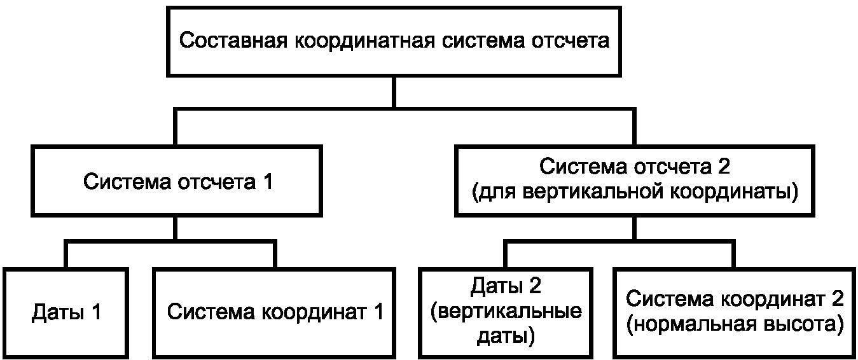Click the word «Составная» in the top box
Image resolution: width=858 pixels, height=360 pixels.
[233, 41]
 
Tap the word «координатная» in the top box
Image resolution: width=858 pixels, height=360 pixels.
[364, 41]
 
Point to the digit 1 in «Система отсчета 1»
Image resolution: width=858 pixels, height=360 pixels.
[268, 181]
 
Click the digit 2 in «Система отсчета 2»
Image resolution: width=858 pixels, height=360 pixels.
[724, 166]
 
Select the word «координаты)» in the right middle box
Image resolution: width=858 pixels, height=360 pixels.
[734, 192]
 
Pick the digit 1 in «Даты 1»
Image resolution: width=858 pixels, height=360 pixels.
[96, 312]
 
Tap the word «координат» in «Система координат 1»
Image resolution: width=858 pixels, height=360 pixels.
[314, 312]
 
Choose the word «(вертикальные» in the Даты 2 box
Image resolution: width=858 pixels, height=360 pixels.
[506, 311]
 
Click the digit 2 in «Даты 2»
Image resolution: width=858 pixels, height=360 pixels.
[535, 286]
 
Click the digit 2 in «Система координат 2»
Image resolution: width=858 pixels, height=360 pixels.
[838, 299]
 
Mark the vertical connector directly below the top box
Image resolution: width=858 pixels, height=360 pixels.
[394, 92]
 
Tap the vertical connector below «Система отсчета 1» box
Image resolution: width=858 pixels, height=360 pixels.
[175, 228]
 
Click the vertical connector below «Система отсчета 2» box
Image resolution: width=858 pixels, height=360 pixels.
[634, 228]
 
